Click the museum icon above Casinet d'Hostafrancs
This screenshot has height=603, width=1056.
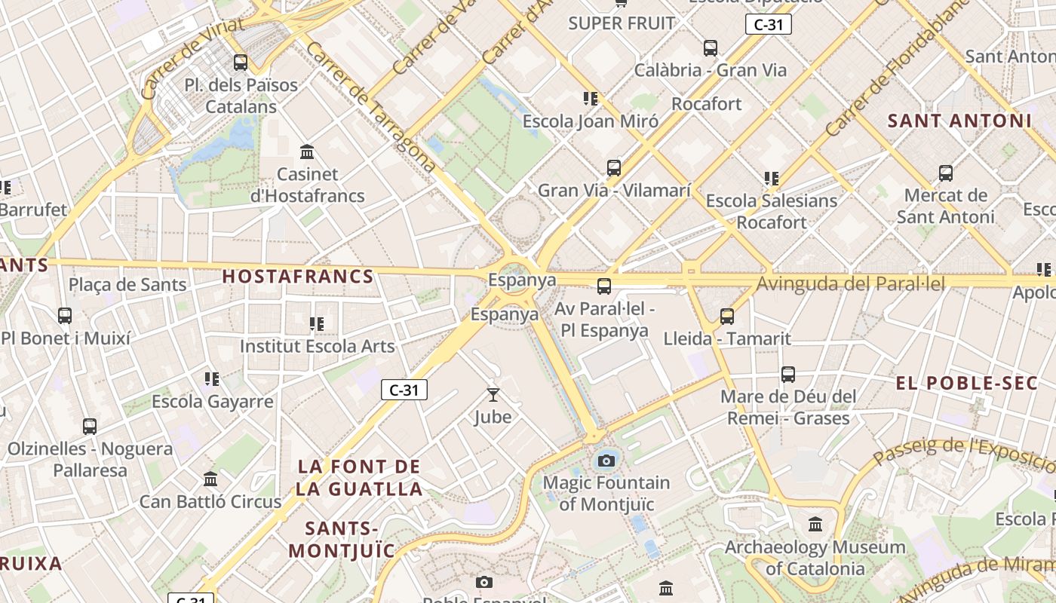click(x=307, y=152)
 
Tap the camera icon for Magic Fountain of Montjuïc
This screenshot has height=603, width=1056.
click(x=606, y=460)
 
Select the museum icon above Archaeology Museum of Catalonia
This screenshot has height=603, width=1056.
click(x=815, y=524)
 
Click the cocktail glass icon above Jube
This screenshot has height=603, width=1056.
click(x=493, y=394)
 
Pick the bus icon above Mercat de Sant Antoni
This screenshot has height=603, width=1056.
click(x=946, y=173)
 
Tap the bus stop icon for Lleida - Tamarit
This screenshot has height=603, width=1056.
click(x=727, y=317)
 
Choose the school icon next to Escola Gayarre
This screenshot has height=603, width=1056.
click(x=212, y=378)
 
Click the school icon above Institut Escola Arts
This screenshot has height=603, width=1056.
click(x=317, y=324)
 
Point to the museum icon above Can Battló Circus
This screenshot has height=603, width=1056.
click(x=210, y=479)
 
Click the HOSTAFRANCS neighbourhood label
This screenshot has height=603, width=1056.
click(x=298, y=277)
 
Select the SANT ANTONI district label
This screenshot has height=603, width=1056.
click(x=959, y=121)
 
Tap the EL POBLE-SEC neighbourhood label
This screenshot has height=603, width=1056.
click(x=967, y=383)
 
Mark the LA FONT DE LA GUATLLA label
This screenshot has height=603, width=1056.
click(x=359, y=477)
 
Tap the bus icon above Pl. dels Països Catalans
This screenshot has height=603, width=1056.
click(x=241, y=63)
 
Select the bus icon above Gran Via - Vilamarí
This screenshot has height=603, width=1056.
click(x=614, y=167)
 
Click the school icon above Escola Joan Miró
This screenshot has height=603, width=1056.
click(x=591, y=98)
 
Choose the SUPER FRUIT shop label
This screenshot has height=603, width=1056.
click(x=622, y=23)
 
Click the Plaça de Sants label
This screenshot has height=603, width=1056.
click(x=127, y=285)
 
